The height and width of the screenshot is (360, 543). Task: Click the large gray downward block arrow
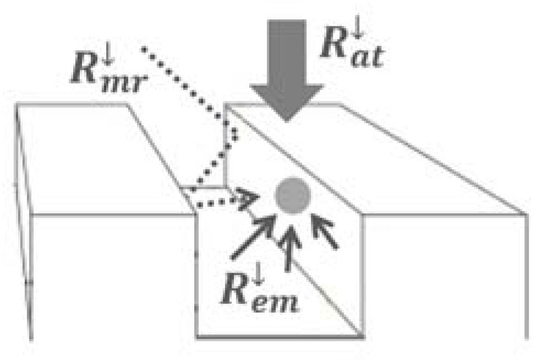click(x=286, y=66)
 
